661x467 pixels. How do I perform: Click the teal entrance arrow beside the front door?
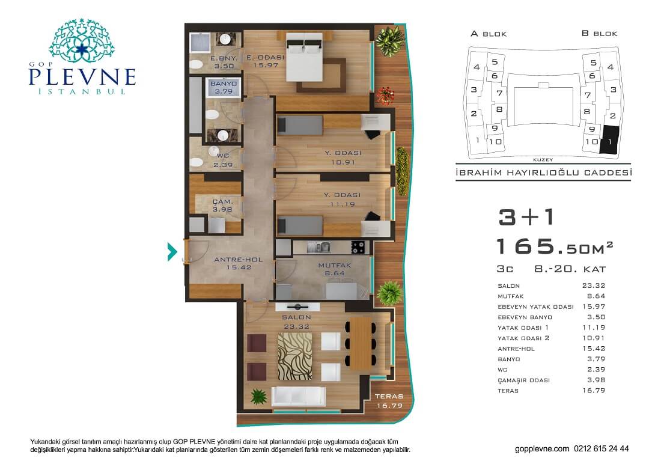pyautogui.click(x=172, y=252)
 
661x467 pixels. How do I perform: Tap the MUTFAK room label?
pyautogui.click(x=335, y=266)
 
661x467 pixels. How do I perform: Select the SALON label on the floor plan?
pyautogui.click(x=296, y=317)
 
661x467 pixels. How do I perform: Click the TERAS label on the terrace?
pyautogui.click(x=389, y=396)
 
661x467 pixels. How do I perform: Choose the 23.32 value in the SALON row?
pyautogui.click(x=594, y=285)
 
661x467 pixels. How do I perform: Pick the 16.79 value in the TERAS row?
pyautogui.click(x=594, y=391)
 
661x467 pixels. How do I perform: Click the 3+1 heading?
pyautogui.click(x=526, y=218)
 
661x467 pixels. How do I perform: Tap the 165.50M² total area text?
pyautogui.click(x=555, y=246)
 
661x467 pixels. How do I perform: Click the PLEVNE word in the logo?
pyautogui.click(x=82, y=77)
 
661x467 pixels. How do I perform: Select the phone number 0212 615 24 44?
pyautogui.click(x=601, y=449)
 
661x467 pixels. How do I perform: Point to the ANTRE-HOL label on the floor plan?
pyautogui.click(x=238, y=260)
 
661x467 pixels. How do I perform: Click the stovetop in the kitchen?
pyautogui.click(x=358, y=247)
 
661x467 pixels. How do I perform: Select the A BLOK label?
pyautogui.click(x=489, y=34)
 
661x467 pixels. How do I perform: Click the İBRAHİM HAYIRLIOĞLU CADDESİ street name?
pyautogui.click(x=544, y=172)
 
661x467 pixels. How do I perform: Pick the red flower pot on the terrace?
pyautogui.click(x=385, y=96)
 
